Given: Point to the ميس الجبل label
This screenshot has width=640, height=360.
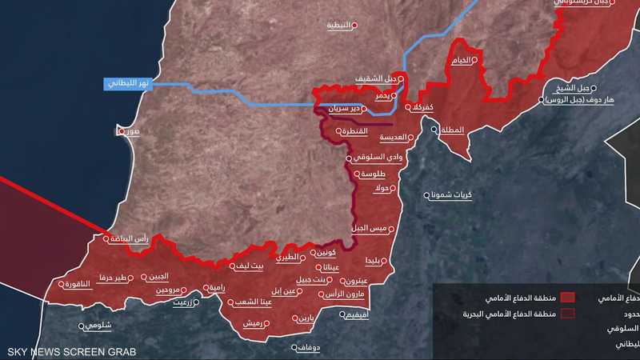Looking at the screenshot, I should point(370,229).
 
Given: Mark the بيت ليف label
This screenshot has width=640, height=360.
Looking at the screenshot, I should point(246,265).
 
